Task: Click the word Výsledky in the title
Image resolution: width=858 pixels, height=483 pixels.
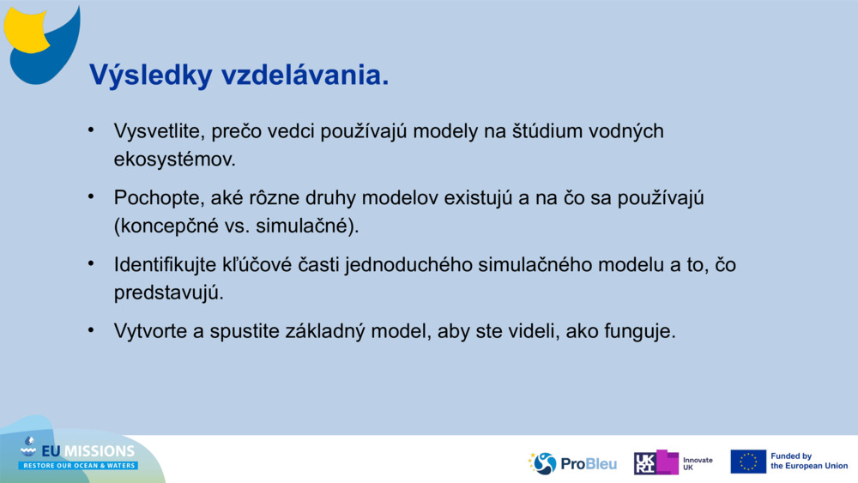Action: [x=150, y=75]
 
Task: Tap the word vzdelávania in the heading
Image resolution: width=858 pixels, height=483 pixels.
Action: [x=305, y=75]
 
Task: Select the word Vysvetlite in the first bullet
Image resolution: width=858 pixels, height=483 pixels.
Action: [x=160, y=131]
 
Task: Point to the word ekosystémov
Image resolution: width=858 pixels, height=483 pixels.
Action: [x=174, y=160]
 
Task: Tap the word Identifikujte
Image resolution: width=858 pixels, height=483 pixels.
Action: [x=165, y=265]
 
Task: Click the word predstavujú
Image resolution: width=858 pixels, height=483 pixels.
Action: [x=168, y=293]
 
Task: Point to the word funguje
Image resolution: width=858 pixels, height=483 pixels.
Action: [x=640, y=331]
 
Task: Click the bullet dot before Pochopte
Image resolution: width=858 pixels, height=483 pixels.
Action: [x=91, y=196]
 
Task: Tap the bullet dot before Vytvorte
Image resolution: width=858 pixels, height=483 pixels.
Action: [x=91, y=329]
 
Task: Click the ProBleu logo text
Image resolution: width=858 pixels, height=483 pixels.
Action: [x=589, y=464]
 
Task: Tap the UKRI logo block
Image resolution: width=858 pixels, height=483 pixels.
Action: [x=656, y=462]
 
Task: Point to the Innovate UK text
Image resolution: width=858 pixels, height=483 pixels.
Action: [x=698, y=464]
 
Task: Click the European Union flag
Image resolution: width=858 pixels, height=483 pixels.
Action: [x=748, y=462]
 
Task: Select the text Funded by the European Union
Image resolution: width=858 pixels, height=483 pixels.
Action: [x=809, y=461]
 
